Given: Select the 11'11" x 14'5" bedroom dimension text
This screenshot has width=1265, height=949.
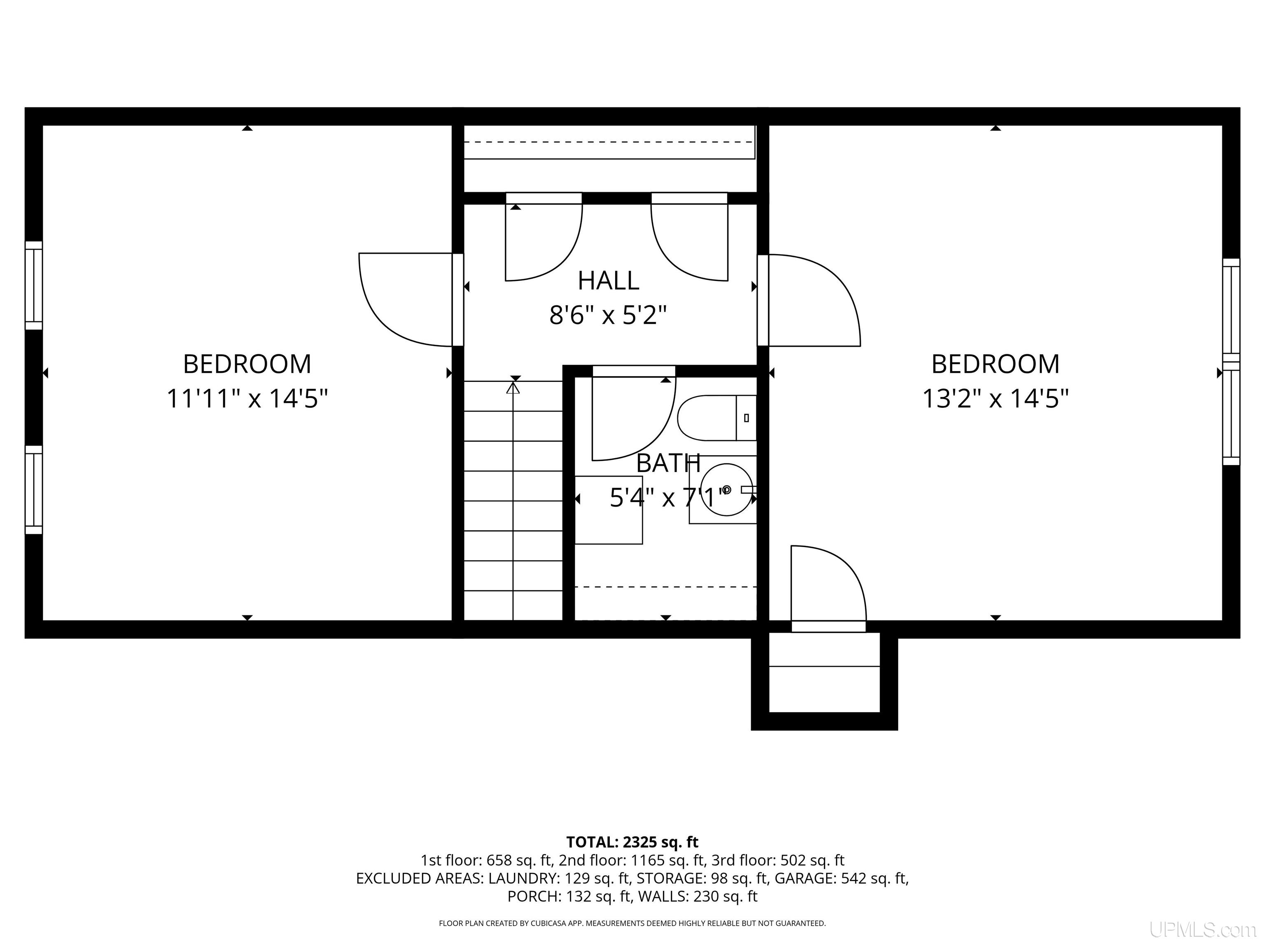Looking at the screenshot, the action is click(x=247, y=398).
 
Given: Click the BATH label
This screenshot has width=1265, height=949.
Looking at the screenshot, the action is click(x=668, y=463).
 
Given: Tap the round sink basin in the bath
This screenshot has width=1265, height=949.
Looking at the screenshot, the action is click(x=726, y=490).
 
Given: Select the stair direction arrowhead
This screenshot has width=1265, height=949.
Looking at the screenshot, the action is click(x=513, y=388).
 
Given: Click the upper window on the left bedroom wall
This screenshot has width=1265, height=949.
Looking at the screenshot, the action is click(x=34, y=285).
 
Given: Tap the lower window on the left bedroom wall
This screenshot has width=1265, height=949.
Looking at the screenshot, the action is click(x=34, y=490).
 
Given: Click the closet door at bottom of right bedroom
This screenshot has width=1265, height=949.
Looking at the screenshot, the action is click(x=829, y=589).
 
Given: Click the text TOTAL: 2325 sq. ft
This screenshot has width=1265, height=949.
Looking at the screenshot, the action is click(x=632, y=842).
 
